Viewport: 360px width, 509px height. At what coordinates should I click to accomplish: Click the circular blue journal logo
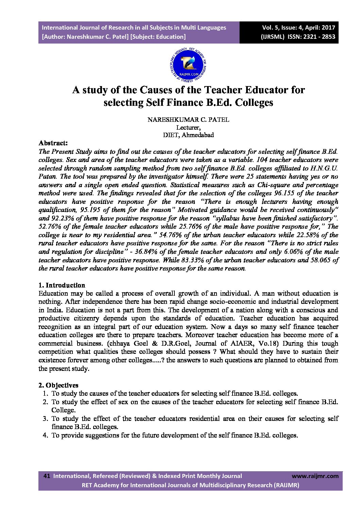point(188,64)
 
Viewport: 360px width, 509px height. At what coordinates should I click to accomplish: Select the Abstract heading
point(53,143)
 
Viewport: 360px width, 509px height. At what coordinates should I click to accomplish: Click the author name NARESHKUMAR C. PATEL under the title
point(188,120)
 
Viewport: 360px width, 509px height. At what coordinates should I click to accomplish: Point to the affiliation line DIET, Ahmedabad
point(188,135)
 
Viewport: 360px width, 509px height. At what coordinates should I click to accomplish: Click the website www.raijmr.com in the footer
point(315,476)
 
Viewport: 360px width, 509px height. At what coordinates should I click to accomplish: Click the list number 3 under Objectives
point(45,418)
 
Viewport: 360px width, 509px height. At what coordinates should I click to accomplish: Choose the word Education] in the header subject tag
point(169,37)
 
